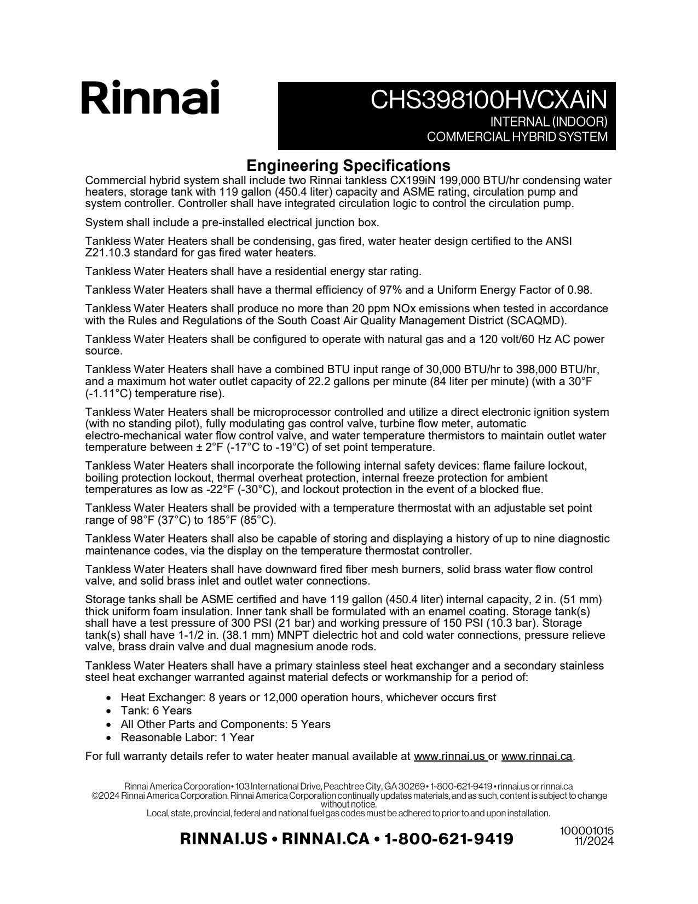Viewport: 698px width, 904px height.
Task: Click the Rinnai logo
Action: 151,98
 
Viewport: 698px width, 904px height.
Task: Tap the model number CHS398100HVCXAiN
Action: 489,100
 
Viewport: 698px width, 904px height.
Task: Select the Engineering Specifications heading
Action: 348,165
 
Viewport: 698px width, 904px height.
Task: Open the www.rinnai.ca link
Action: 537,757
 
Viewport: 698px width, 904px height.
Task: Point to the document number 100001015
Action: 586,831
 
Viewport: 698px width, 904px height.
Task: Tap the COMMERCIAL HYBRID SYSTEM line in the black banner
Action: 517,137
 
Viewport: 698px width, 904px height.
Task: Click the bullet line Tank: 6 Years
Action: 156,711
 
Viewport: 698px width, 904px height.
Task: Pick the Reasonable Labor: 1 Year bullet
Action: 187,737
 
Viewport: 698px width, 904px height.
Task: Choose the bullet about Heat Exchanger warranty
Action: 308,697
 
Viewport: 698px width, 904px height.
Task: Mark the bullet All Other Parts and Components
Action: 226,724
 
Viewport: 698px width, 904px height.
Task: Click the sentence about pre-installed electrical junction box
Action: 232,222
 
